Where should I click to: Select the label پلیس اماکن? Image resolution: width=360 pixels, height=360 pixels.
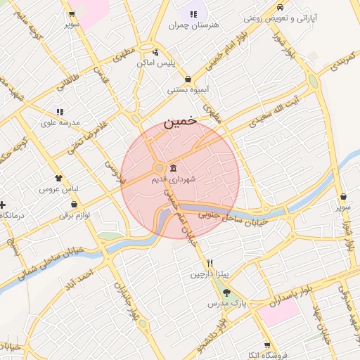pos(155,63)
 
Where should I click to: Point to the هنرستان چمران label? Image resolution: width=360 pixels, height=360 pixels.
pos(194,25)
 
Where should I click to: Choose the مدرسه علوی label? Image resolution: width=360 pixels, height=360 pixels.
pos(60,122)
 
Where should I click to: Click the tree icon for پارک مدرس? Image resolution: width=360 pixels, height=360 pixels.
pos(226,292)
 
